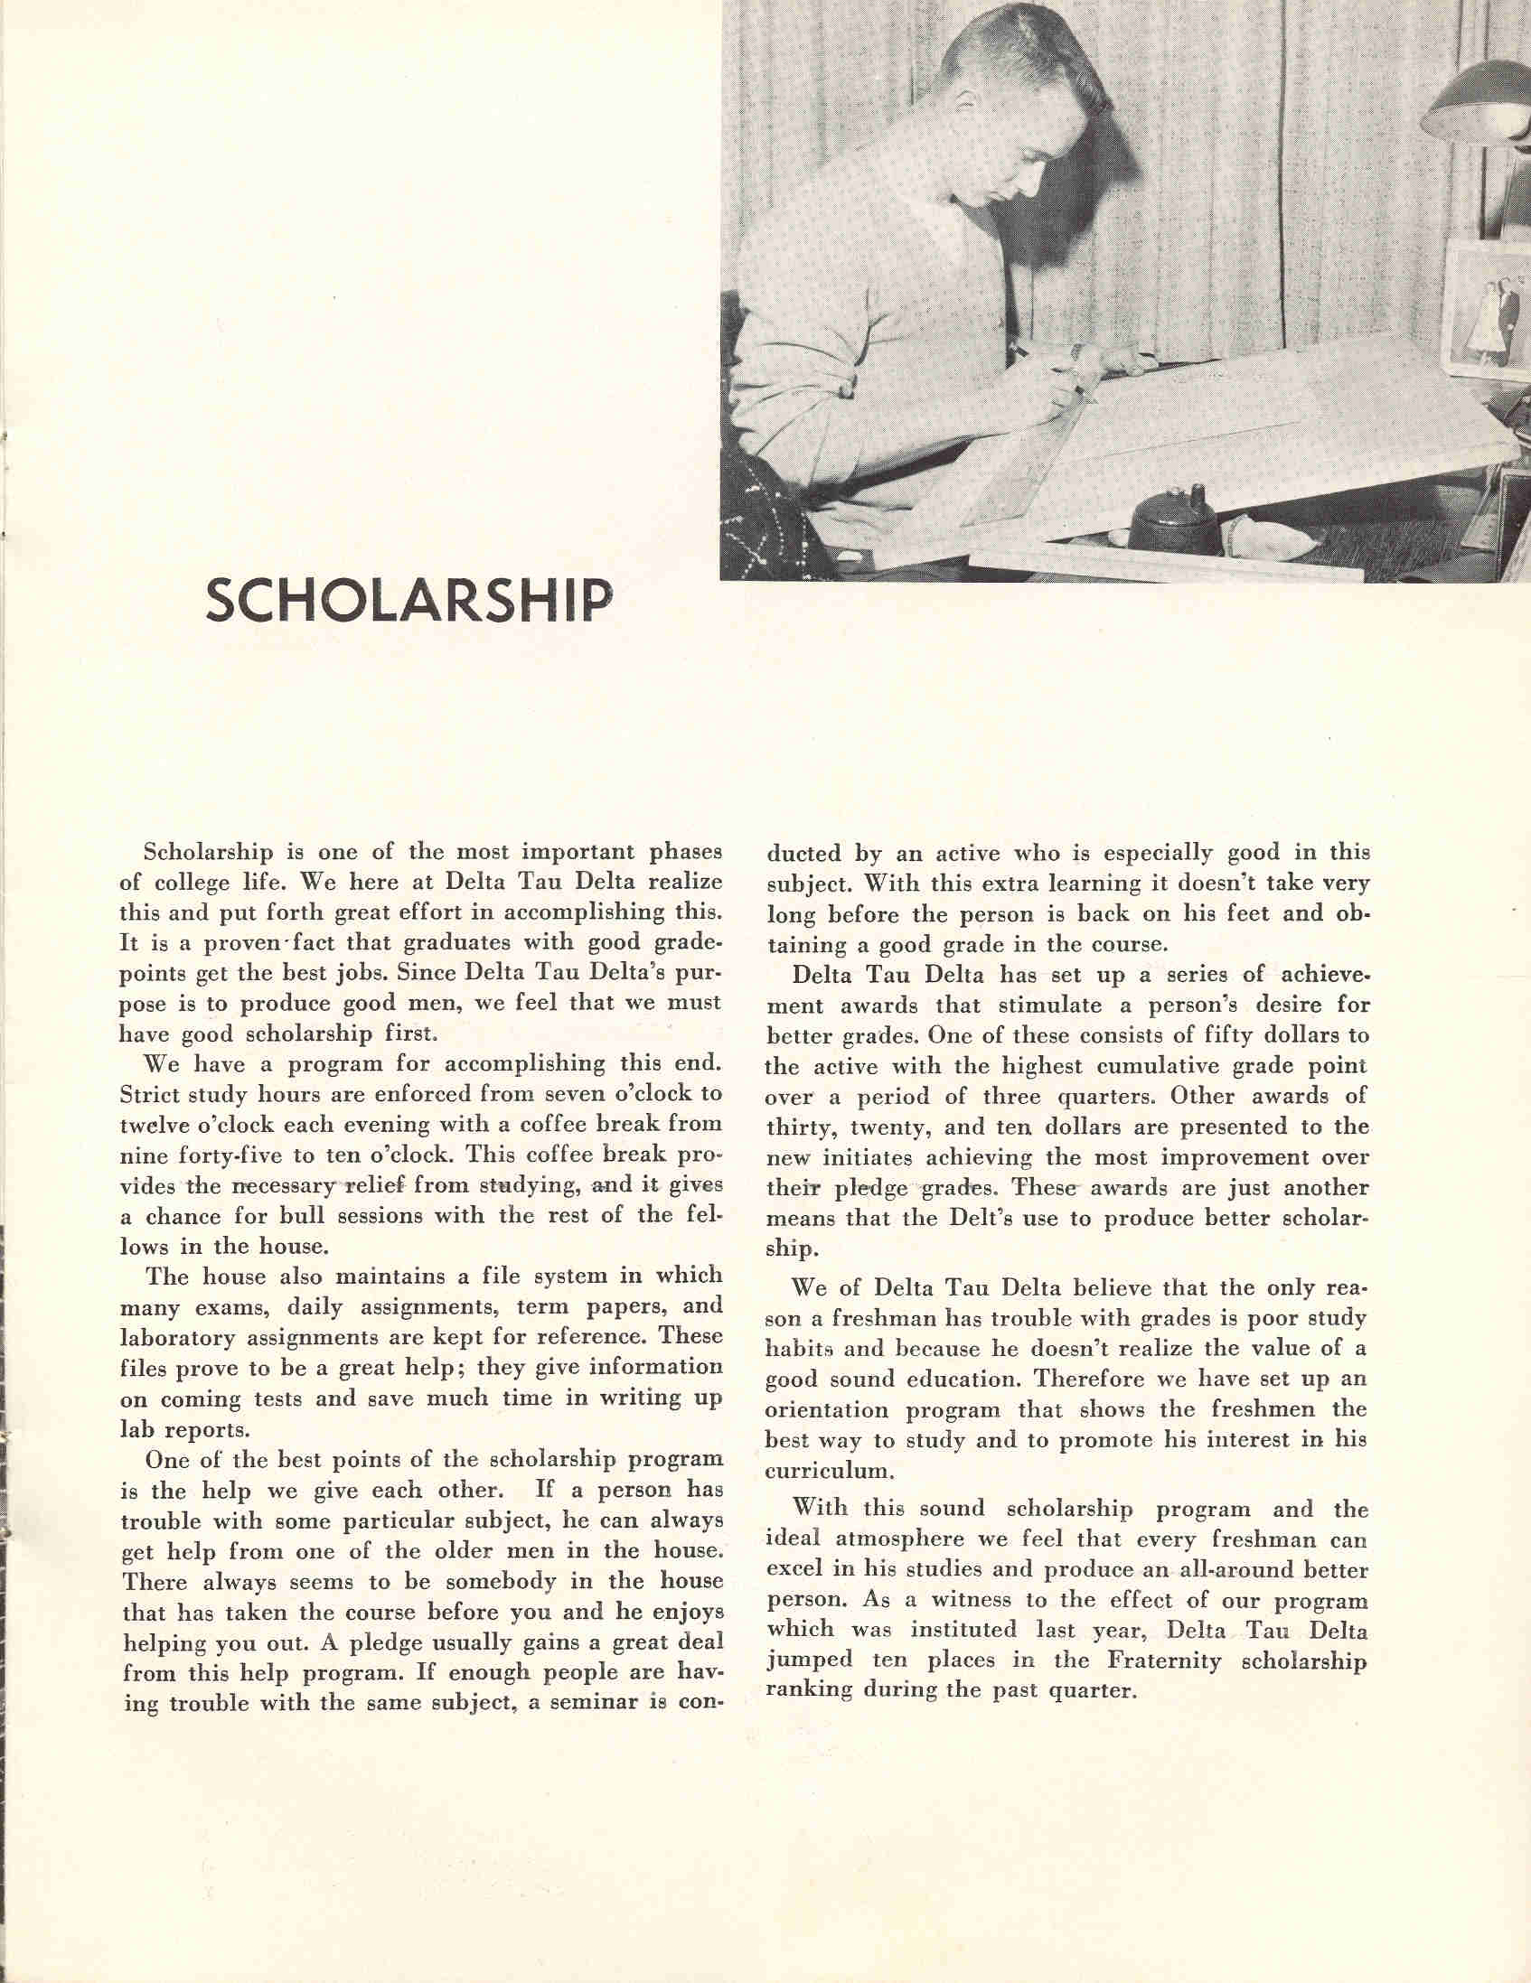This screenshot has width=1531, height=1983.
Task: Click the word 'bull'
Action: [x=324, y=1216]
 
